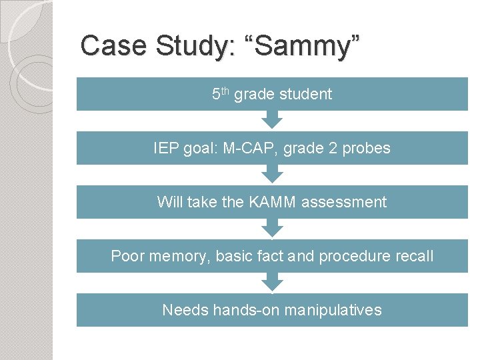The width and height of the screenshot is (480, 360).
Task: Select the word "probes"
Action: (366, 148)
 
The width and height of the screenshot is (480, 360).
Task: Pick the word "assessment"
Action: (344, 202)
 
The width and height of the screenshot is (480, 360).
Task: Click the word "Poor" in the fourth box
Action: (127, 256)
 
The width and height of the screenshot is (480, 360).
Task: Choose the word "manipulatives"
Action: (334, 310)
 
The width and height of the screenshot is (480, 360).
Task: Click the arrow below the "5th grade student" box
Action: (272, 120)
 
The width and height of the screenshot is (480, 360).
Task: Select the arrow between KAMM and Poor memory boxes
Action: (272, 228)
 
